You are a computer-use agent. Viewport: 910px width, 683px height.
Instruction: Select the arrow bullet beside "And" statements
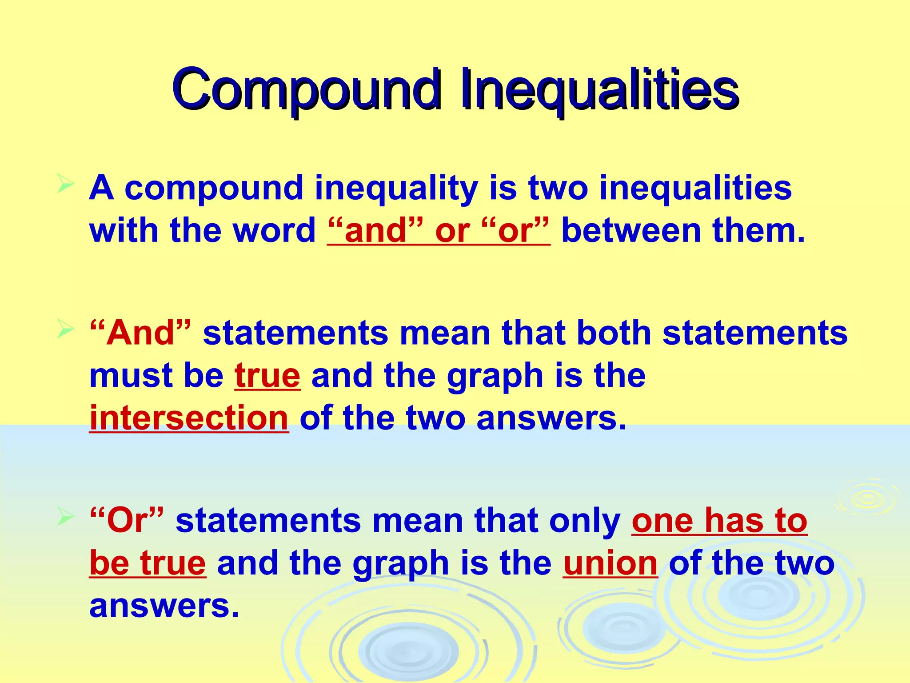coord(65,329)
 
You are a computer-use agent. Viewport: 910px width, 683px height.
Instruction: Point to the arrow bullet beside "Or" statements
coord(65,517)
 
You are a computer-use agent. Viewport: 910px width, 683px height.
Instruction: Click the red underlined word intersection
coord(189,418)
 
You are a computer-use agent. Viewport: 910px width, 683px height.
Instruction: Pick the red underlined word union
coord(610,563)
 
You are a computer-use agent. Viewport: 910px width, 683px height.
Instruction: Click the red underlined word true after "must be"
coord(267,376)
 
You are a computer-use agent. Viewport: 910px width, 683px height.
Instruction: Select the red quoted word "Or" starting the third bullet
coord(127,520)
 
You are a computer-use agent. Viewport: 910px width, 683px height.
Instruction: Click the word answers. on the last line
coord(164,606)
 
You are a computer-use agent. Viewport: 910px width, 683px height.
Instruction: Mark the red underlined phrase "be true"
coord(148,563)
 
